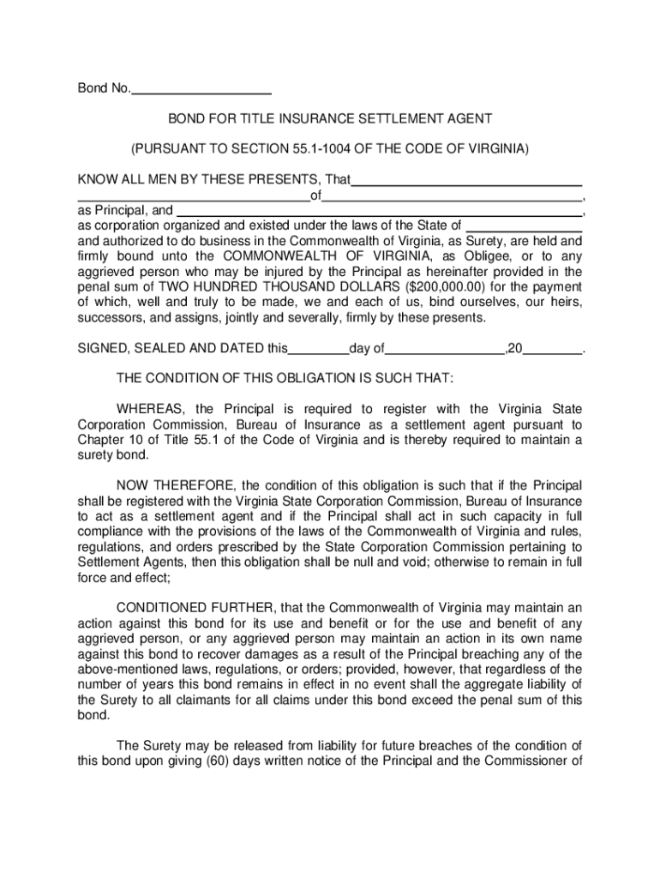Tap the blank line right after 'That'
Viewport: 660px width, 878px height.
coord(468,183)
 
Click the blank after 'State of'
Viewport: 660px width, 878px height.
coord(524,228)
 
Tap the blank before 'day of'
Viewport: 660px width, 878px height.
coord(319,351)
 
